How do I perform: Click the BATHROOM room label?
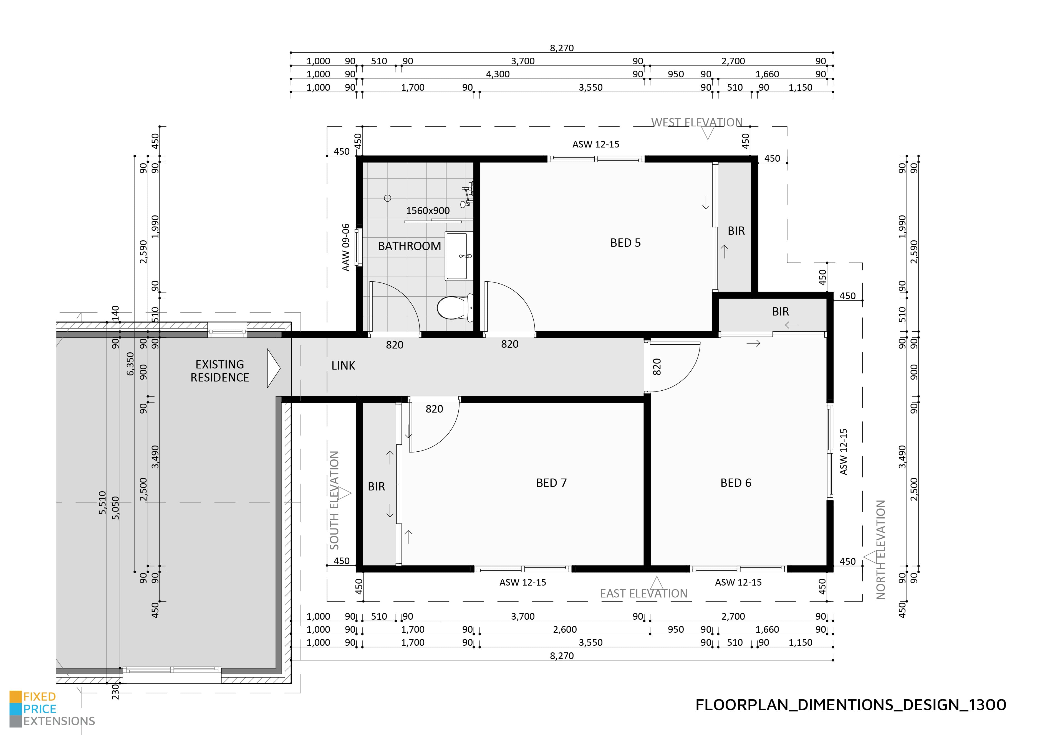(x=410, y=246)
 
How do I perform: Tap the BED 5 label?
(x=625, y=243)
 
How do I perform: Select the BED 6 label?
(x=736, y=483)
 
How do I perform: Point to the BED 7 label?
(x=551, y=483)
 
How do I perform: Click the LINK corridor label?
(x=343, y=366)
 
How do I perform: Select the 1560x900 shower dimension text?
(x=428, y=211)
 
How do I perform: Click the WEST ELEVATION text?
(x=697, y=123)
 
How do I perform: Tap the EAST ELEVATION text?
(x=644, y=593)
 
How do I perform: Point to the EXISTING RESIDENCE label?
(x=220, y=371)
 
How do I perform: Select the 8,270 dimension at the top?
(x=562, y=48)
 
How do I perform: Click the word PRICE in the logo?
(x=40, y=709)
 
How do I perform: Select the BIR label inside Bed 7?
(x=377, y=487)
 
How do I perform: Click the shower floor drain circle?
(x=387, y=198)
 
